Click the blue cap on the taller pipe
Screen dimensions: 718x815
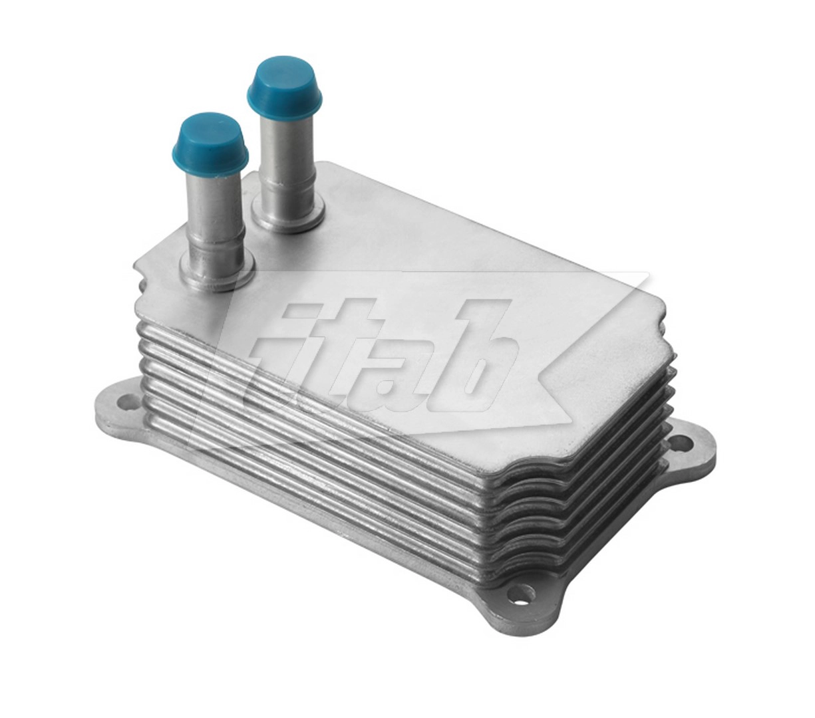pos(284,80)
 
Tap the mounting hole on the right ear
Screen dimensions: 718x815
pos(681,441)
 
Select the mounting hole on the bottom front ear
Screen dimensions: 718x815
pos(524,591)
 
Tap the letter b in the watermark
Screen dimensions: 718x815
pos(476,359)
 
